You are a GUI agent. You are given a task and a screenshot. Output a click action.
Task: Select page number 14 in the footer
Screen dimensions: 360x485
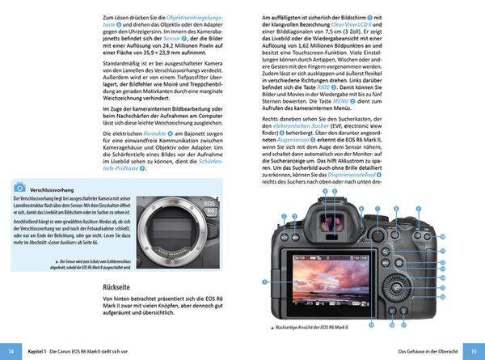coord(11,352)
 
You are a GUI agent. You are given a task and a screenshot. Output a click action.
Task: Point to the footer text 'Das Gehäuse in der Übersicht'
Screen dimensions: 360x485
coord(427,352)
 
